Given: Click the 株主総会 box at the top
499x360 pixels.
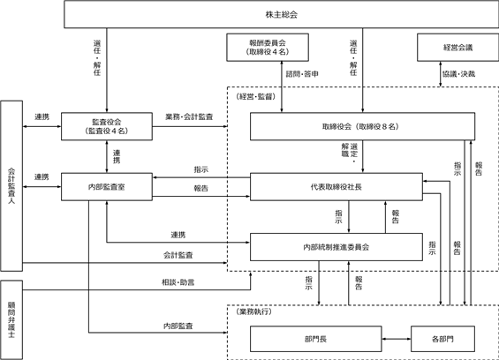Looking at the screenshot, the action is click(x=282, y=14).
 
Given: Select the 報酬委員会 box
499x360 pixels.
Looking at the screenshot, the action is click(x=268, y=48).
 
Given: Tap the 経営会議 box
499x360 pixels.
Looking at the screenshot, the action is click(x=458, y=48).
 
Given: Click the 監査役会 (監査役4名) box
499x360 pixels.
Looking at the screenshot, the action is click(x=107, y=126).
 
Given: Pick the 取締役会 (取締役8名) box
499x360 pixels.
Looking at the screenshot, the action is click(x=362, y=126).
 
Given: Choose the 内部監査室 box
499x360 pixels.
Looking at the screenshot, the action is click(x=107, y=187).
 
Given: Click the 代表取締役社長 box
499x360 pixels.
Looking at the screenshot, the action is click(x=336, y=187).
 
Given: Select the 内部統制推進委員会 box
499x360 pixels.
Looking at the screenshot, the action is click(x=336, y=247).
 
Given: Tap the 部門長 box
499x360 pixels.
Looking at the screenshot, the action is click(x=315, y=339).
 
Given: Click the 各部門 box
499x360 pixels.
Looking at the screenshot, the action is click(x=442, y=339).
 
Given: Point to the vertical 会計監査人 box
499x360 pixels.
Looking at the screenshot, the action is click(x=11, y=186).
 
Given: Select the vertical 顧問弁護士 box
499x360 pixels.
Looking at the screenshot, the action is click(x=11, y=319).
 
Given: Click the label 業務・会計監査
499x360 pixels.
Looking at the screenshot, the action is click(x=189, y=116).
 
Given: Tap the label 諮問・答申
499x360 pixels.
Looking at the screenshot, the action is click(x=302, y=74).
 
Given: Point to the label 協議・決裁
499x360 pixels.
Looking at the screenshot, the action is click(x=459, y=74).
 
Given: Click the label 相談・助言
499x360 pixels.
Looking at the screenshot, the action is click(x=178, y=282).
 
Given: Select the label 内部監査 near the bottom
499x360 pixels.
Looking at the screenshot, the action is click(x=178, y=326).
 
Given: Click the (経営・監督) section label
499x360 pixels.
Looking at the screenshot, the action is click(x=256, y=96).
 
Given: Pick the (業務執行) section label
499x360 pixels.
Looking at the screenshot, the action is click(x=254, y=311).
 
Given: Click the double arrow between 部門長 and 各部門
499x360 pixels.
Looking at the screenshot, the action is click(x=397, y=339).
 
